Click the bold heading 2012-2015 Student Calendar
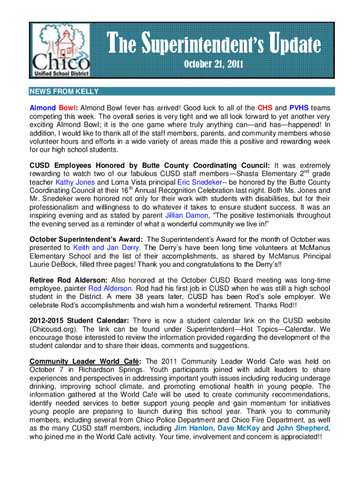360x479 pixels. tap(79, 320)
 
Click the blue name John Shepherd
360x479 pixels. tap(302, 428)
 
